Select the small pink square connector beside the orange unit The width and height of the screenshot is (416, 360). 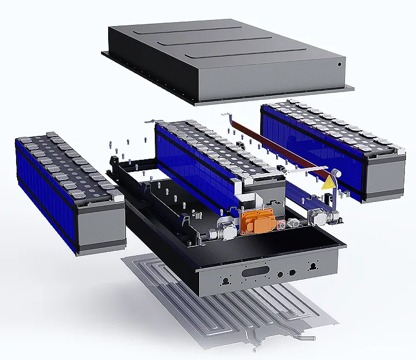281,224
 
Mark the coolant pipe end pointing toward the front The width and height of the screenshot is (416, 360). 255,350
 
